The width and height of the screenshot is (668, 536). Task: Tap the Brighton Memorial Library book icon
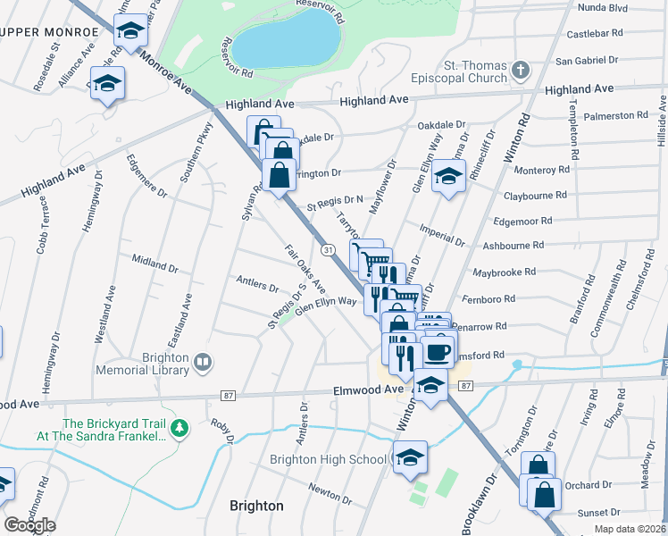point(203,362)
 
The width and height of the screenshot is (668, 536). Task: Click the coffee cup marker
point(437,351)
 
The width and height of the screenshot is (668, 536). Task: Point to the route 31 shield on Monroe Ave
point(329,250)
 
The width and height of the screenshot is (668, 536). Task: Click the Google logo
point(29,525)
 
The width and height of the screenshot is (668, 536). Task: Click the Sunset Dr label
point(598,513)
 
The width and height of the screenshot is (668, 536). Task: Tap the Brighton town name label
point(256,506)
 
